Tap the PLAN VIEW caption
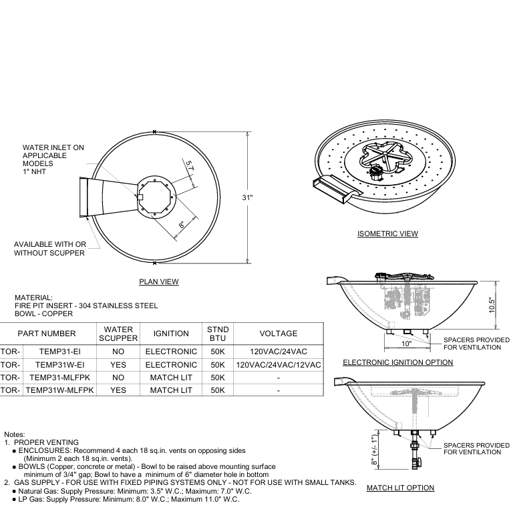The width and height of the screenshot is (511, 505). [x=158, y=282]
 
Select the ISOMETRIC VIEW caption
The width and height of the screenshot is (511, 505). [x=387, y=233]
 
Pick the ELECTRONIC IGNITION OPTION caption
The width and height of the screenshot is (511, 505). [x=397, y=362]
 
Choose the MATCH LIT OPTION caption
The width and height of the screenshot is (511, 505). [x=400, y=488]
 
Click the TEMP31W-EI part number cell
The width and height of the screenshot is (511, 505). [x=60, y=365]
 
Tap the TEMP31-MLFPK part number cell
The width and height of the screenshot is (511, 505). [x=60, y=378]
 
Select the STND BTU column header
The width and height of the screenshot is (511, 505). [x=218, y=334]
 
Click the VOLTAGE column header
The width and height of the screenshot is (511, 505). [x=278, y=334]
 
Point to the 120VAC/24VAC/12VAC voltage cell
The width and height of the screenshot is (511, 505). [x=278, y=365]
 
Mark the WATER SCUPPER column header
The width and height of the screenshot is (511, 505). [x=118, y=334]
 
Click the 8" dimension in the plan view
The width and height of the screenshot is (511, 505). [x=182, y=225]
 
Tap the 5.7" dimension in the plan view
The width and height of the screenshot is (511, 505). [x=190, y=166]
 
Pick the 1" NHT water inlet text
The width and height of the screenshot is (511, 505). [x=32, y=171]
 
